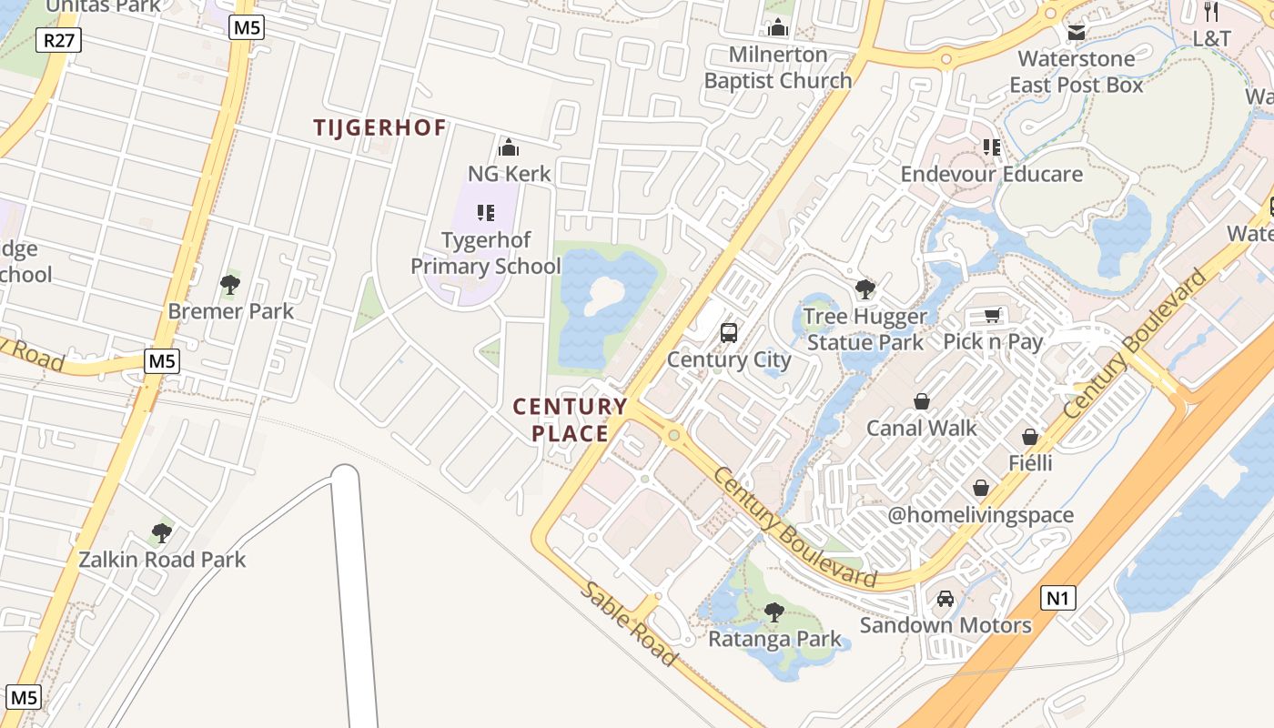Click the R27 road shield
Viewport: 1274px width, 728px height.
(59, 40)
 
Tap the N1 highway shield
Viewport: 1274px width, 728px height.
(1057, 598)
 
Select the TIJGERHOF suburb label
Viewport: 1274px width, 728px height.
(380, 127)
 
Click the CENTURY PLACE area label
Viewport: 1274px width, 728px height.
(571, 420)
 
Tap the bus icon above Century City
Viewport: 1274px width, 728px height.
(729, 333)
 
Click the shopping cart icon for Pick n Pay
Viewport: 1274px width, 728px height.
(992, 315)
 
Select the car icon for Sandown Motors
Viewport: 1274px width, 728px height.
(945, 598)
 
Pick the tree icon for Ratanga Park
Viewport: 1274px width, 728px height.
(774, 612)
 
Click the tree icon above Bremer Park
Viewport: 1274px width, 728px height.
(230, 285)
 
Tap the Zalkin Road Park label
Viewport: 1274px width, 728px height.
(162, 559)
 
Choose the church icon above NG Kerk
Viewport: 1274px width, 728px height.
(509, 147)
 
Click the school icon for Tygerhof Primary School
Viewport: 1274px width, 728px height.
(486, 213)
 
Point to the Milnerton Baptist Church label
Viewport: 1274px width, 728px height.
(778, 67)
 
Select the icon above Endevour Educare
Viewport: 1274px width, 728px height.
(991, 147)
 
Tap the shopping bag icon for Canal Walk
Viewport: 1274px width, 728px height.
(922, 401)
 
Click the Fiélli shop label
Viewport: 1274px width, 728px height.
(1030, 463)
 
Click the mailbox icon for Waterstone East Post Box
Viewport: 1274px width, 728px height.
(1077, 33)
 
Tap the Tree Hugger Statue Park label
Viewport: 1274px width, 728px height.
(865, 329)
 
